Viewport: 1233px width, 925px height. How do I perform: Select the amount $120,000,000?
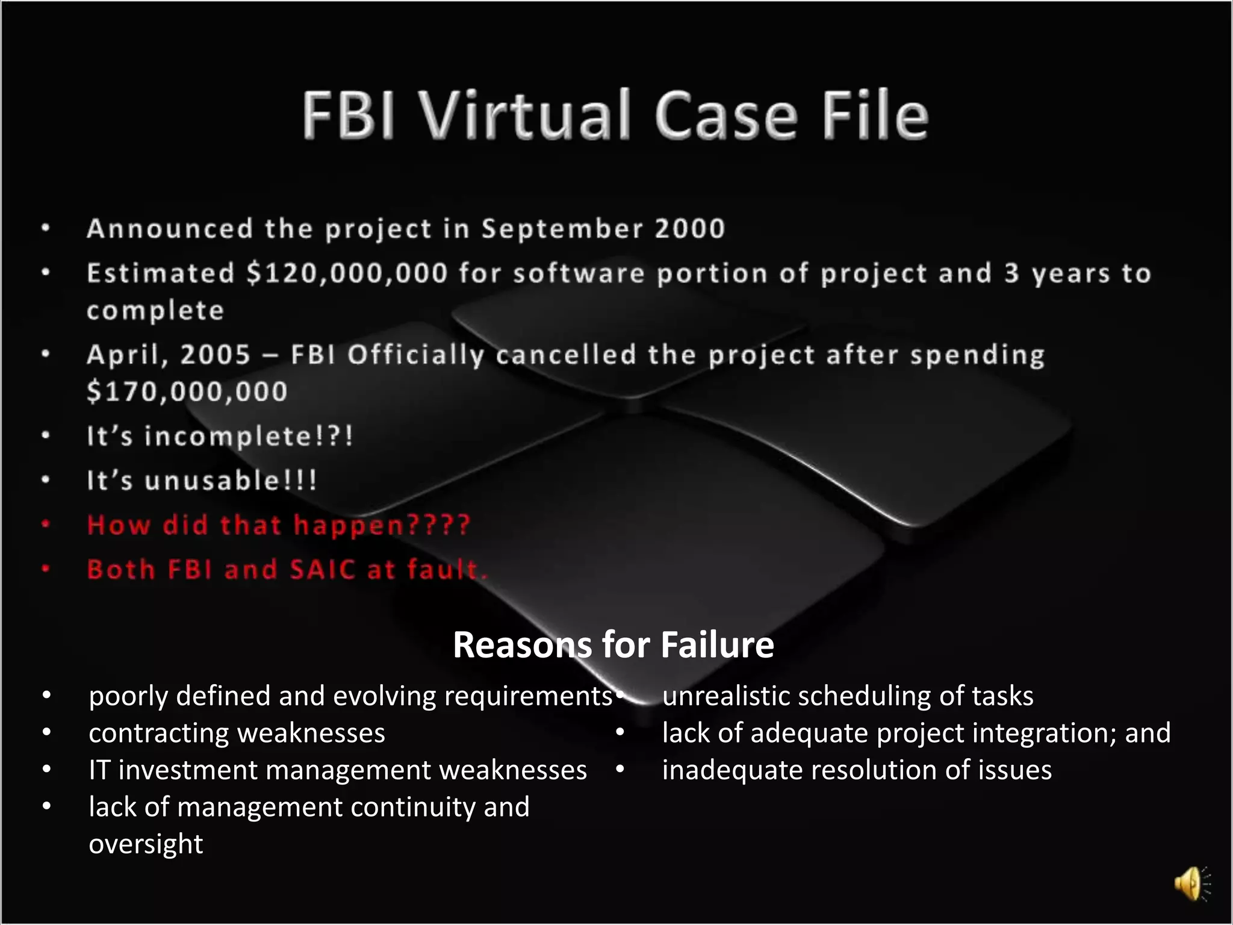coord(347,273)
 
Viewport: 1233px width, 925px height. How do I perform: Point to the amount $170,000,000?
coord(187,391)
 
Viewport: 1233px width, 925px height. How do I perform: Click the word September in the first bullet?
coord(562,229)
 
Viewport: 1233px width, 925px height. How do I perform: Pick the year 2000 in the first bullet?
coord(690,229)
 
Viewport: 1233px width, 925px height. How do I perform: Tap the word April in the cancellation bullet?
coord(124,355)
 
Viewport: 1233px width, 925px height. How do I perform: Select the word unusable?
coord(212,481)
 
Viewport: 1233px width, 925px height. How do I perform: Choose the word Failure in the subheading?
coord(716,645)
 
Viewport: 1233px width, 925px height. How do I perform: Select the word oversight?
coord(146,844)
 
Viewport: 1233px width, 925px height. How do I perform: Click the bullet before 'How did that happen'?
coord(46,525)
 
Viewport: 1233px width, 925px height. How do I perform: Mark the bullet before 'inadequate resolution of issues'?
coord(620,770)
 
